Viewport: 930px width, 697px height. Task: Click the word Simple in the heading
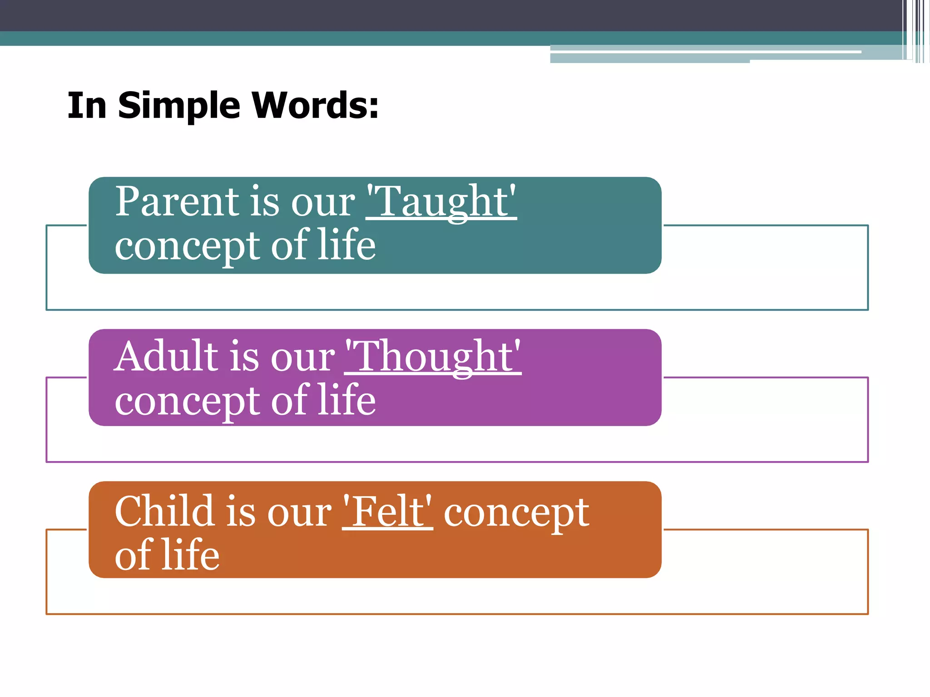point(179,106)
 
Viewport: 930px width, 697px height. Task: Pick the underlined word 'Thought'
point(433,357)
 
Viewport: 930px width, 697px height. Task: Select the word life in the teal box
point(346,245)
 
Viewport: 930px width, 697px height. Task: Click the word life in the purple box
point(346,400)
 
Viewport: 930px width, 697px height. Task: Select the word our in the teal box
point(323,203)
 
